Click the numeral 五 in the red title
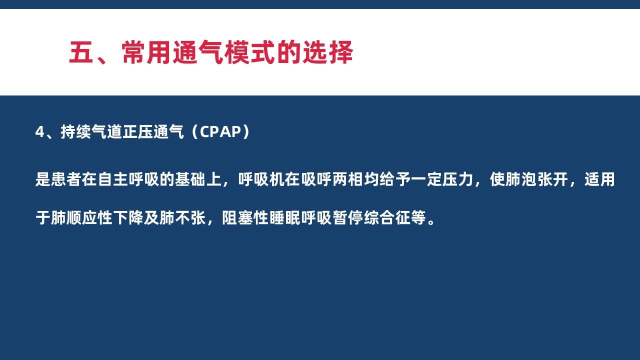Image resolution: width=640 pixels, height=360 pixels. pos(81,52)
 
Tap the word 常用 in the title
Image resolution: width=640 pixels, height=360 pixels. pos(146,52)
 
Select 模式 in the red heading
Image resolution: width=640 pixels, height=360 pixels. pos(249,52)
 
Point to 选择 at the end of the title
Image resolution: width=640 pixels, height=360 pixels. pos(327,52)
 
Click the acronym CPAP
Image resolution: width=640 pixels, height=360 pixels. pos(220,132)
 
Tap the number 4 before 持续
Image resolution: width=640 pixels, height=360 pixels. pos(39,132)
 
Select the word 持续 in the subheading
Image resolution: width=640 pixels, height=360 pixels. pos(75,132)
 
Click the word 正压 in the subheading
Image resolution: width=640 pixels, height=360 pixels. pos(137,132)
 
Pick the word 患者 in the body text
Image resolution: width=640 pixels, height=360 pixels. pos(66,179)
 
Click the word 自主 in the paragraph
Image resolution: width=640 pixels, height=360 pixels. pos(113,179)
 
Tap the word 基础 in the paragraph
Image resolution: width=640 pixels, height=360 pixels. pos(190,179)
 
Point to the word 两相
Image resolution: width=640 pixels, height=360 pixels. pos(347,179)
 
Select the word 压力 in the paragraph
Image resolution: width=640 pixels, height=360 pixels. pos(457,179)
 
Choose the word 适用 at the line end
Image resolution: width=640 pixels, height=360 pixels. pos(599,179)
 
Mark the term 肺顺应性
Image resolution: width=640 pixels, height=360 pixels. pos(81,217)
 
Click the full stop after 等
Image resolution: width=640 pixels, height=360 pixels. pos(431,221)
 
